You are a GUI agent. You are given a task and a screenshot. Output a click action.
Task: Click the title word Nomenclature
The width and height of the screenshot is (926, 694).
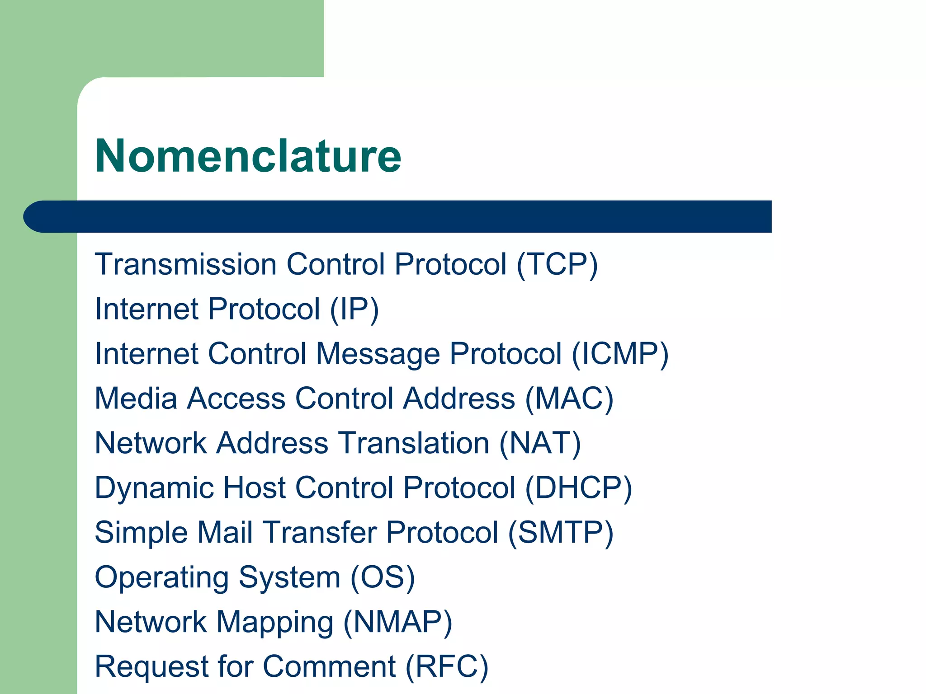(x=248, y=156)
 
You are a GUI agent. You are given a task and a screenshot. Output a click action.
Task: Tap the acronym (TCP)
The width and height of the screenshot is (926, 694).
(x=557, y=264)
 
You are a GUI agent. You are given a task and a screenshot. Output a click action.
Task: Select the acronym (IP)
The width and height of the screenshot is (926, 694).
(x=354, y=309)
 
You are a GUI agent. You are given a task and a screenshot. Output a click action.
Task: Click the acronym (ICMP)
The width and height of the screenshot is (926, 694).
(x=620, y=354)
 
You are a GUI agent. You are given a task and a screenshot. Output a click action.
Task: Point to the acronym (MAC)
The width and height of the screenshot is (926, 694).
(x=569, y=399)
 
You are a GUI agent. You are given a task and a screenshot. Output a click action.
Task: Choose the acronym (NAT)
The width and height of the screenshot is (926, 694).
(x=540, y=443)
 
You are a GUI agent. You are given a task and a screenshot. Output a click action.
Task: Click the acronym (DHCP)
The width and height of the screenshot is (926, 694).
(x=578, y=488)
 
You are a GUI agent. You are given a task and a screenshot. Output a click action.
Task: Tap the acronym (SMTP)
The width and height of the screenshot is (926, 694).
(x=561, y=533)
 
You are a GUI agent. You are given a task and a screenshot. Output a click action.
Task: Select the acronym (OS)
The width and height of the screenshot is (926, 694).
(x=383, y=577)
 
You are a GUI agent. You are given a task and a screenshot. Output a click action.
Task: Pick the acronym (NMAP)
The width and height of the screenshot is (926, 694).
(x=398, y=622)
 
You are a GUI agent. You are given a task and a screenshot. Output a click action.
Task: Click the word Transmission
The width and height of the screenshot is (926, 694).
(x=185, y=264)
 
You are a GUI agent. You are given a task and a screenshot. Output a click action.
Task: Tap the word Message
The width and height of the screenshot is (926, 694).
(x=378, y=354)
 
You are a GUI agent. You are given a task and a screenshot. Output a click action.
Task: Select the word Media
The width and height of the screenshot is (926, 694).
(x=136, y=399)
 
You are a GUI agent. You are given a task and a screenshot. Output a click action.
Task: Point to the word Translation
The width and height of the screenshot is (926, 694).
(x=414, y=443)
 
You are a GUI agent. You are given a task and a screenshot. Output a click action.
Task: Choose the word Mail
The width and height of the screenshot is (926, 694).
(x=225, y=533)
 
